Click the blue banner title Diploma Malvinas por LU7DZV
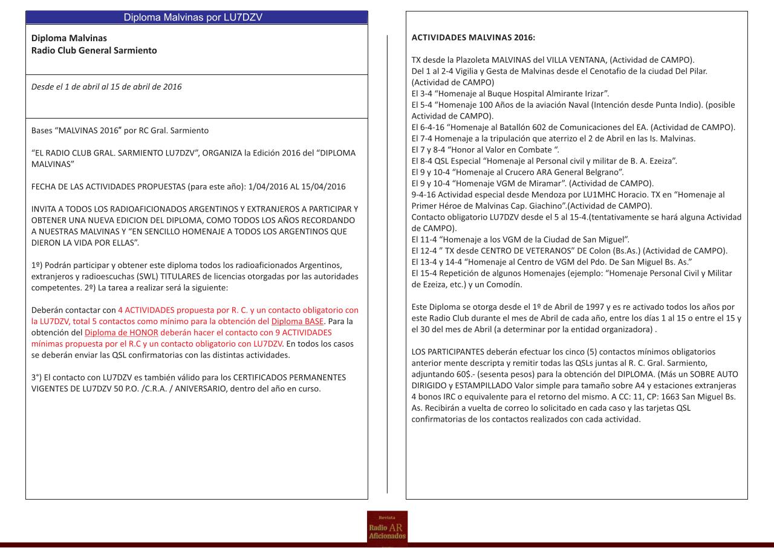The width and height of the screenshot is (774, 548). tap(193, 18)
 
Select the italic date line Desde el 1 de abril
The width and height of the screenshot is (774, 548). tap(106, 86)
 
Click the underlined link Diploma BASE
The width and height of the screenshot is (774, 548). tap(298, 321)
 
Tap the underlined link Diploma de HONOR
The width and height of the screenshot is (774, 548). tap(122, 333)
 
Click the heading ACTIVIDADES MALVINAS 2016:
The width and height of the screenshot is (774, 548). tap(473, 38)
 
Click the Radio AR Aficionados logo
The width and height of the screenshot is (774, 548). tap(387, 527)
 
